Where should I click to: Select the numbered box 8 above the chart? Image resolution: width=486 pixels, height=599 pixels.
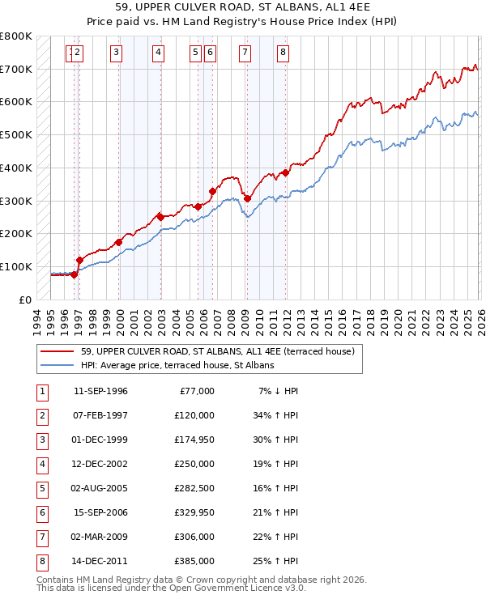283,53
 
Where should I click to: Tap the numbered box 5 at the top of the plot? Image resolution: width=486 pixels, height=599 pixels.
196,53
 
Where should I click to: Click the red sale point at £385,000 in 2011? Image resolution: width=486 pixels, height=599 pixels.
286,172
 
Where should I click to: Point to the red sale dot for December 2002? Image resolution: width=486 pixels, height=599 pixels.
160,217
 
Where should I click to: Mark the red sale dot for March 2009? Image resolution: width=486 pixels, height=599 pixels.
247,198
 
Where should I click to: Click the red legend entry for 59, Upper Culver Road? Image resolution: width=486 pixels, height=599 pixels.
217,351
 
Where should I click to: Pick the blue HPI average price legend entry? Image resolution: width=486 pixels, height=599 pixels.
177,365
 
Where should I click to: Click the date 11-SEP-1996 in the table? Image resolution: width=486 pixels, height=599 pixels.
100,391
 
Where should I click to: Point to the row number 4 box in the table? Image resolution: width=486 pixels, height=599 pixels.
40,464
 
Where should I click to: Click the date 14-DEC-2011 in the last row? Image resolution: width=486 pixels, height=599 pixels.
100,561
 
